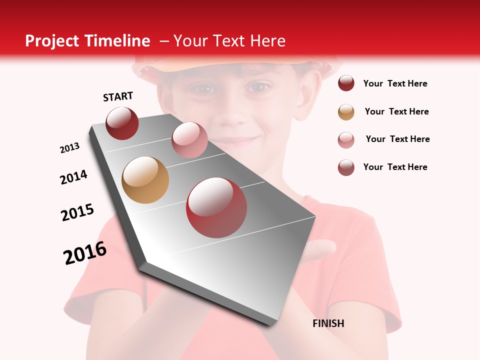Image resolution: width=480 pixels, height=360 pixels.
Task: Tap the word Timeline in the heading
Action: coord(118,41)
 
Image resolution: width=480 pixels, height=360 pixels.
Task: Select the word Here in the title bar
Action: coord(267,41)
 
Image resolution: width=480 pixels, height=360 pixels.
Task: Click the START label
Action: coord(118,96)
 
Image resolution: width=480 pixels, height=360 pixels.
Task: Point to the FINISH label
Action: coord(328,323)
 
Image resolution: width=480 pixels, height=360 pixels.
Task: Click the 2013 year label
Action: coord(70,147)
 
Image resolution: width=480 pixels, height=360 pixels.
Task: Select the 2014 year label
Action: coord(73,177)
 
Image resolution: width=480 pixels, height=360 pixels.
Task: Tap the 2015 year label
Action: coord(77,212)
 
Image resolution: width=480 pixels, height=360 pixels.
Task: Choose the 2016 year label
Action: coord(85,253)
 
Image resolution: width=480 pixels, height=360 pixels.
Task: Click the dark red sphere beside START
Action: coord(122,123)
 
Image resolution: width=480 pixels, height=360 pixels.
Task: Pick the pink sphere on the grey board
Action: coord(189,140)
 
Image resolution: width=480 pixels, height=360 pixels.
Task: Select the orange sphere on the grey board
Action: coord(145,179)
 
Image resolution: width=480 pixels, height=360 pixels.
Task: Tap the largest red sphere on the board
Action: coord(216,207)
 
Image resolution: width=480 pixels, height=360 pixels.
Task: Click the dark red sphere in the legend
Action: coord(346,83)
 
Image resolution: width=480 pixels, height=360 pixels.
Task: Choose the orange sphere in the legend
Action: coord(346,112)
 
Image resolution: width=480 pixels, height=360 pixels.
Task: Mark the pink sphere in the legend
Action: coord(346,140)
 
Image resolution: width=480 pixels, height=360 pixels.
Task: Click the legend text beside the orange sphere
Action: coord(396,111)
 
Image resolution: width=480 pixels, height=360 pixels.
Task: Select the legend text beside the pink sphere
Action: coord(397,139)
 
